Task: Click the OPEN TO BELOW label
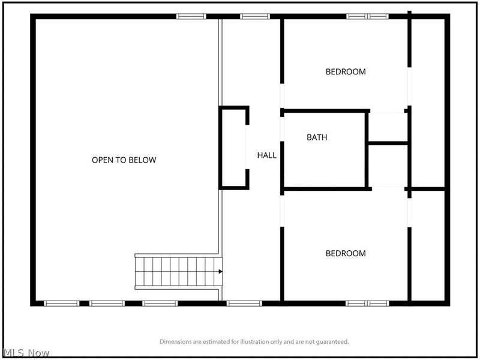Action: (124, 160)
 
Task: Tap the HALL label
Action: (267, 155)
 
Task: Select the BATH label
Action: (317, 137)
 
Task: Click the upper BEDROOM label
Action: (346, 71)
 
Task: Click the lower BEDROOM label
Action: (346, 253)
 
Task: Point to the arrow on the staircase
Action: (220, 272)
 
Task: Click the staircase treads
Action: (179, 272)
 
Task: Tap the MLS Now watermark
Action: (25, 353)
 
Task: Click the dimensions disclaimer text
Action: (254, 341)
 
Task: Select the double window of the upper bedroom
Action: (367, 17)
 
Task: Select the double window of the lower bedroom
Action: (367, 304)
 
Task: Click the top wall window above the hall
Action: (255, 17)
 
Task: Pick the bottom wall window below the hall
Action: (244, 304)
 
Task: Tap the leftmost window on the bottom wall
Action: (62, 304)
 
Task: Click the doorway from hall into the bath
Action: (282, 129)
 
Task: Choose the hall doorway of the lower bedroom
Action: (282, 211)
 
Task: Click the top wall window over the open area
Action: (191, 17)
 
